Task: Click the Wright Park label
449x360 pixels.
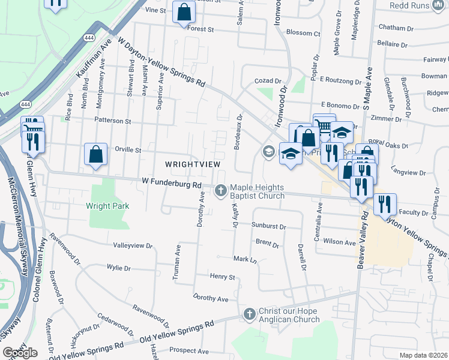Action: coord(107,206)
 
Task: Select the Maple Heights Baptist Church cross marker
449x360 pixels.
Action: coord(221,191)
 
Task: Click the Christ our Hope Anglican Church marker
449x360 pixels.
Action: coord(250,314)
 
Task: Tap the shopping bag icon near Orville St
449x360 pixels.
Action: coord(96,154)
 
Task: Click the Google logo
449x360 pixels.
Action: coord(20,353)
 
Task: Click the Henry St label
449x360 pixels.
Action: coord(222,277)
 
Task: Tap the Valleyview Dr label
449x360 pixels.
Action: coord(133,245)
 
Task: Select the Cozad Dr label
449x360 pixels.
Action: coord(268,80)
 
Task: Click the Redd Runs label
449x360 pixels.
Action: coord(427,5)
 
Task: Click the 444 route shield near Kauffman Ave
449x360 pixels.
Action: coord(89,37)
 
